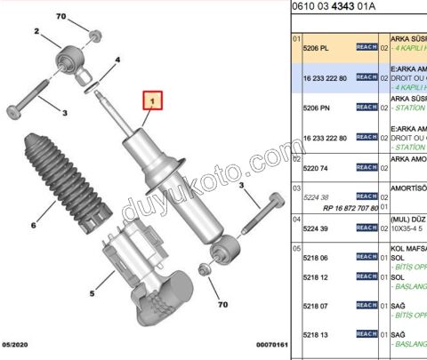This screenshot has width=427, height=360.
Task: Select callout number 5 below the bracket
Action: click(x=93, y=292)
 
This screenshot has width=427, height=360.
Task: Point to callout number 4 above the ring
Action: click(x=117, y=60)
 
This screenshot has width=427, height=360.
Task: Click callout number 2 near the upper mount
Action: click(x=36, y=31)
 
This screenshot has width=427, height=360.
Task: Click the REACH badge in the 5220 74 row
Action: click(x=367, y=167)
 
